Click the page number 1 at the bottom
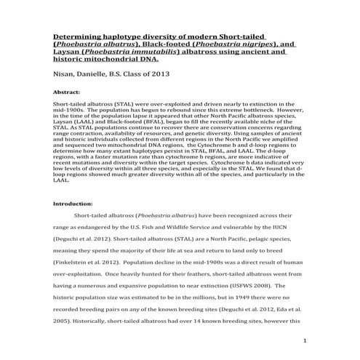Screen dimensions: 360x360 305,340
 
